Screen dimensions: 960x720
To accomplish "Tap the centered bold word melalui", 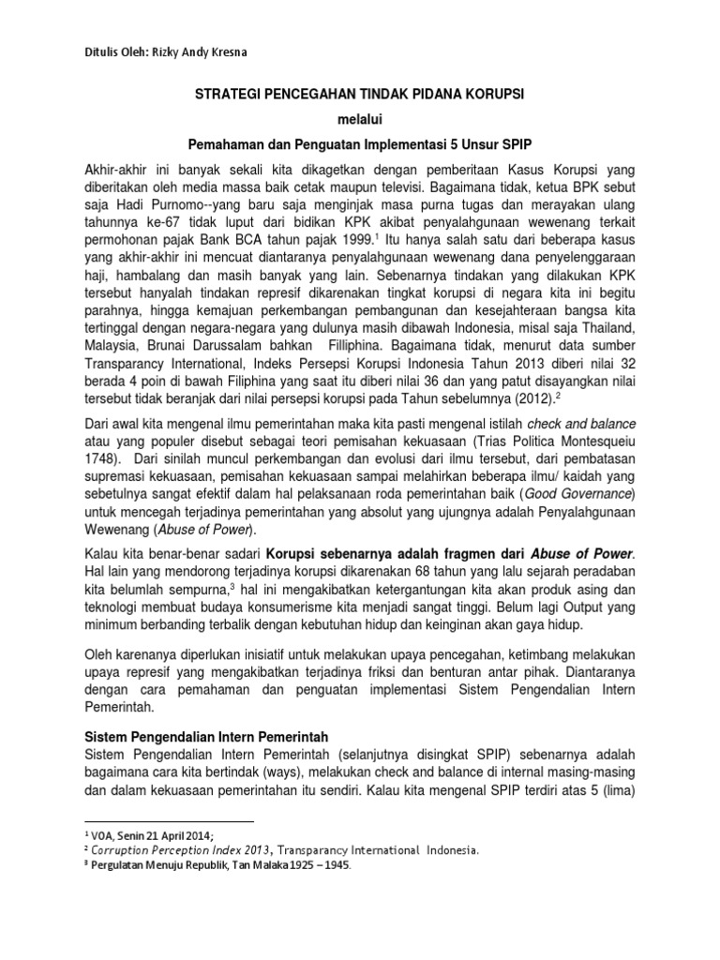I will point(360,120).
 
